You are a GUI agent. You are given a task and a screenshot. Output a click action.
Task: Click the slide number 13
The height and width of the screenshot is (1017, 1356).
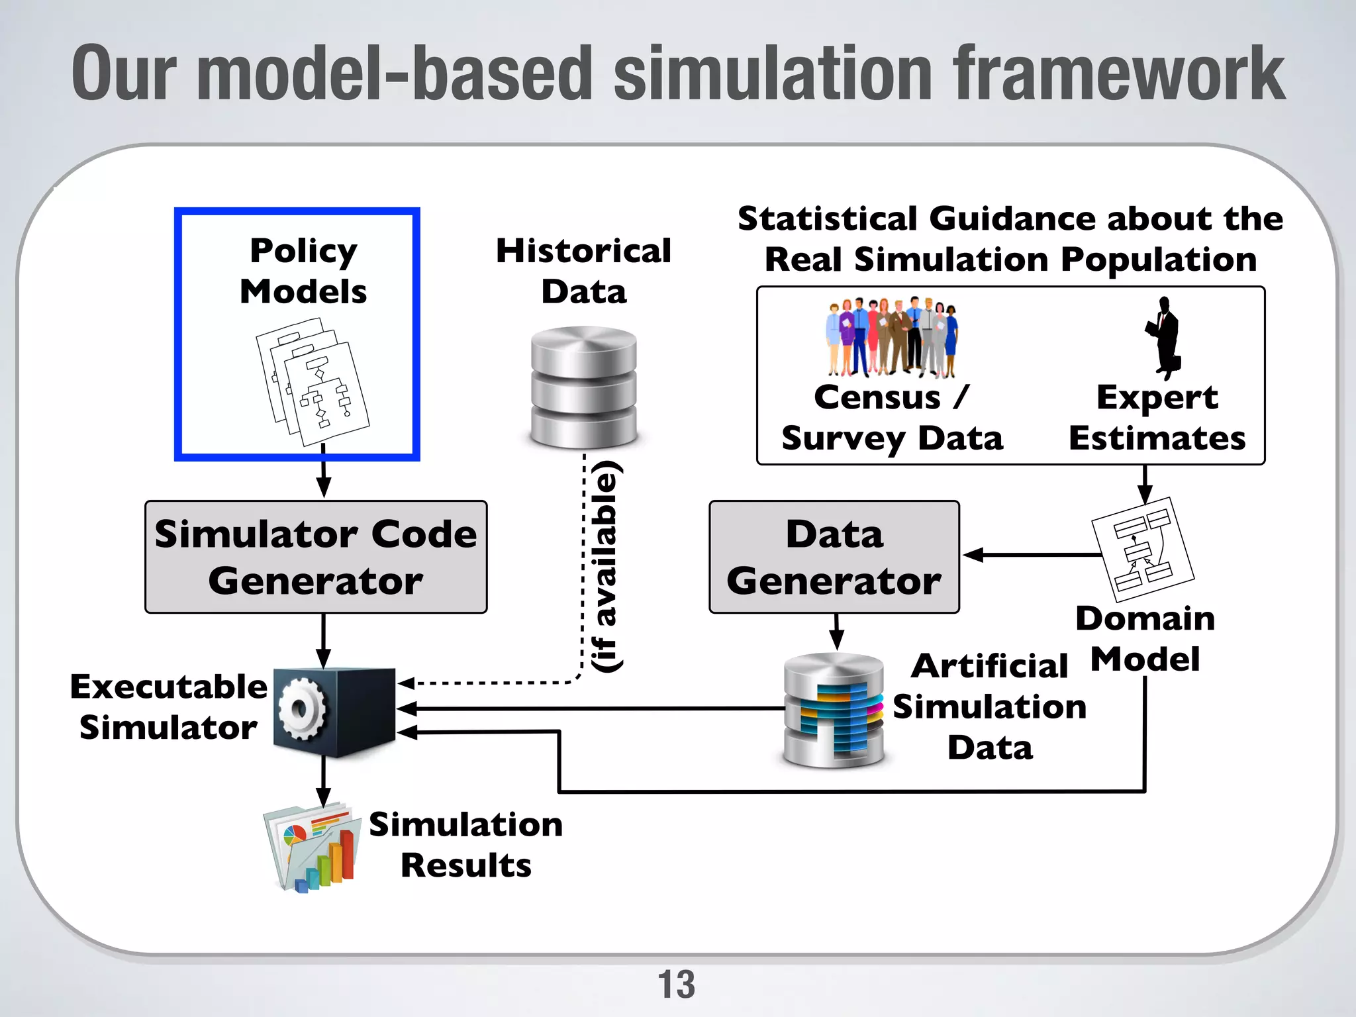click(676, 985)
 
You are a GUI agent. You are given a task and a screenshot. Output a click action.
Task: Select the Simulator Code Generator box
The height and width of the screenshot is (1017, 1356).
click(316, 557)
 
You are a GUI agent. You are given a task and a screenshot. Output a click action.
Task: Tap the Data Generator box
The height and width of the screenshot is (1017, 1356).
click(834, 557)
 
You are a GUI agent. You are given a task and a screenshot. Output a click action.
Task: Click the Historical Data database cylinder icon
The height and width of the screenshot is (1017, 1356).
click(583, 387)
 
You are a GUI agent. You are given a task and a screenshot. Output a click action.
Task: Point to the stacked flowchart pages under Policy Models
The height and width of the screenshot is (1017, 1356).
click(312, 382)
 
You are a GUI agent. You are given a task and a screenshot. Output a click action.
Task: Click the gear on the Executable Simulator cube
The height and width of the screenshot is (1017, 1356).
click(301, 710)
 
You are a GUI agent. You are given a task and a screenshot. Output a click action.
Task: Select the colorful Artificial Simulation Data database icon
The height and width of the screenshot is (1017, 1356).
click(834, 710)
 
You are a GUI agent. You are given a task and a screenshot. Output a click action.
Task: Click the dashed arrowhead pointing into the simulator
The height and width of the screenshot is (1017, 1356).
click(405, 683)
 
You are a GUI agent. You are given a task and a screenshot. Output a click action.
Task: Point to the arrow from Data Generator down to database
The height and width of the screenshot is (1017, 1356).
click(836, 632)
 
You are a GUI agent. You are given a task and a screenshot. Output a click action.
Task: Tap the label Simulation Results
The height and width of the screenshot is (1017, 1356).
click(465, 845)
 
